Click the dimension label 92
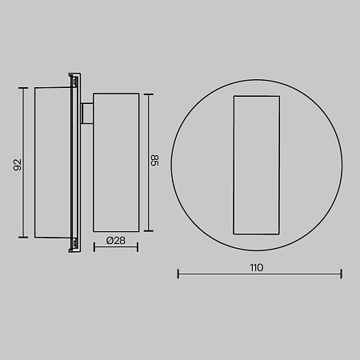click(18, 165)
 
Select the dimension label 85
click(154, 160)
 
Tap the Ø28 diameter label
click(116, 241)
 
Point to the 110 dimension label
click(257, 267)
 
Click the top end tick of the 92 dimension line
click(23, 88)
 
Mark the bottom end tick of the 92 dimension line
click(23, 237)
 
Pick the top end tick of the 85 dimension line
click(149, 94)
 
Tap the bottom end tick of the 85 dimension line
click(149, 231)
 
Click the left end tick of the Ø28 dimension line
click(94, 247)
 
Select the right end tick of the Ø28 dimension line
click(138, 247)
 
